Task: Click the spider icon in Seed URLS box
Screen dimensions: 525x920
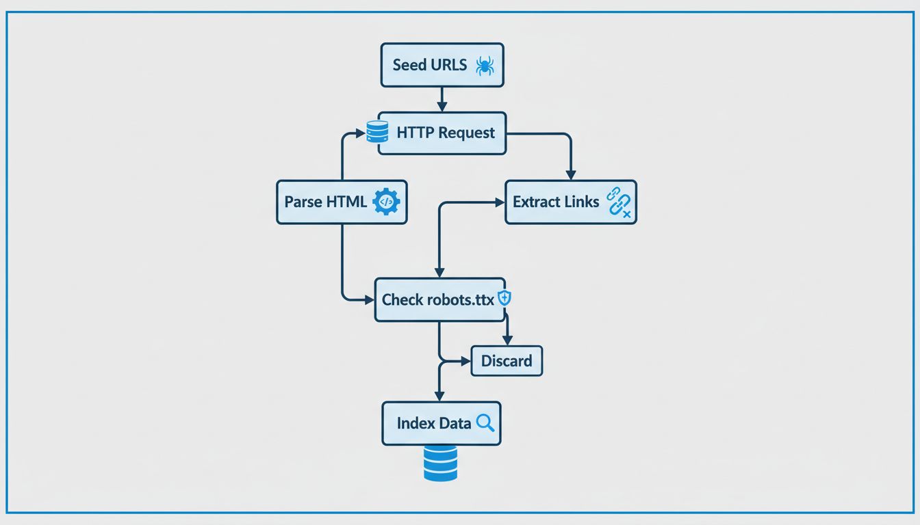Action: click(x=485, y=66)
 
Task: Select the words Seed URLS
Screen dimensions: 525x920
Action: click(x=430, y=66)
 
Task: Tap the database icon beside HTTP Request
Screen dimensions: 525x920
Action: click(x=377, y=132)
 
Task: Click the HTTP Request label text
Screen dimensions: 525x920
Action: click(x=446, y=133)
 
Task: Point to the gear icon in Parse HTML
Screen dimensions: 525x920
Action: click(x=386, y=202)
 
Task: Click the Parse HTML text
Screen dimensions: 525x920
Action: click(x=325, y=202)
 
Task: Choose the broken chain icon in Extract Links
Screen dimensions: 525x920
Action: click(x=620, y=203)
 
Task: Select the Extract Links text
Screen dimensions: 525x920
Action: click(x=556, y=202)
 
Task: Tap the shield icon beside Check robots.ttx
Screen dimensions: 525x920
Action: click(x=504, y=298)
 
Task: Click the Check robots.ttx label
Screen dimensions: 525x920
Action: click(x=438, y=299)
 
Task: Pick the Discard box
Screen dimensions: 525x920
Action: click(x=507, y=361)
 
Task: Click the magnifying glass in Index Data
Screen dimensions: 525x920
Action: click(x=485, y=423)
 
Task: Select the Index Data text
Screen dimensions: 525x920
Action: click(x=434, y=424)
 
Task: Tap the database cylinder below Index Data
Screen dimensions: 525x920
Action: click(x=440, y=463)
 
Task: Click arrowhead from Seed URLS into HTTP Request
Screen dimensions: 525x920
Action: click(x=442, y=107)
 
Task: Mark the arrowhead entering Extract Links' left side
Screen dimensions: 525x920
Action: click(x=498, y=202)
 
